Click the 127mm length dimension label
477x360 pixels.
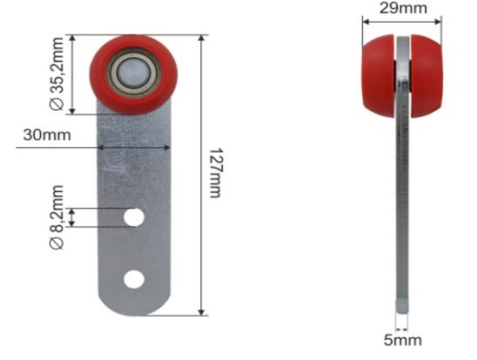click(x=217, y=173)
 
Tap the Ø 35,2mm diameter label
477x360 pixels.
click(x=57, y=73)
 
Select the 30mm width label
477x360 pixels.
click(x=47, y=134)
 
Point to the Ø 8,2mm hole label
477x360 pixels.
click(x=57, y=217)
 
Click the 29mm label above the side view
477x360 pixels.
click(x=403, y=8)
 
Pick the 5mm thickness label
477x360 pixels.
click(x=402, y=340)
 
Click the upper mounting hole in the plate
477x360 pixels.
click(x=133, y=217)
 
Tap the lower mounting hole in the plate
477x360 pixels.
click(x=133, y=280)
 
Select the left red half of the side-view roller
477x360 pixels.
click(x=378, y=76)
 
